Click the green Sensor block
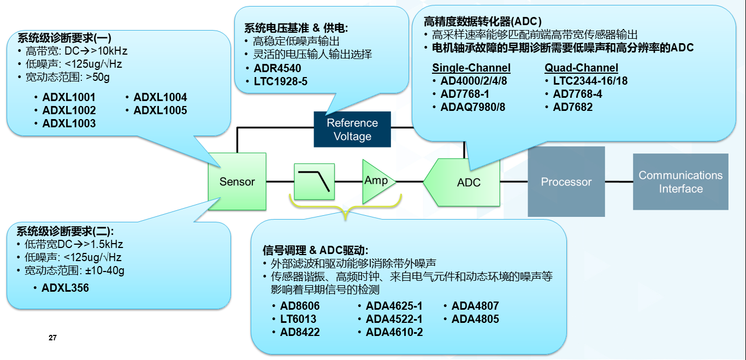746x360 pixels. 237,181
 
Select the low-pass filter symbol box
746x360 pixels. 314,181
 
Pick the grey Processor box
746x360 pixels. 566,181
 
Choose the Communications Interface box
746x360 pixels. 680,181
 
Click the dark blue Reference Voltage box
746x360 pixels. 352,129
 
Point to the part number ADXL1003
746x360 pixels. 69,123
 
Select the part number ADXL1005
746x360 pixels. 160,110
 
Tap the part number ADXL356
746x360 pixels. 65,287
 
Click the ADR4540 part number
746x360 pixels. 277,68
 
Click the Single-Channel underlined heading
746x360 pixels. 471,68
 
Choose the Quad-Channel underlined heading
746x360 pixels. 581,68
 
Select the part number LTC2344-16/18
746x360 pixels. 590,81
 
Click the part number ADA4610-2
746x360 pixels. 394,332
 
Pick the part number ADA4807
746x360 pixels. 475,306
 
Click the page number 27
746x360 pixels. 52,338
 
